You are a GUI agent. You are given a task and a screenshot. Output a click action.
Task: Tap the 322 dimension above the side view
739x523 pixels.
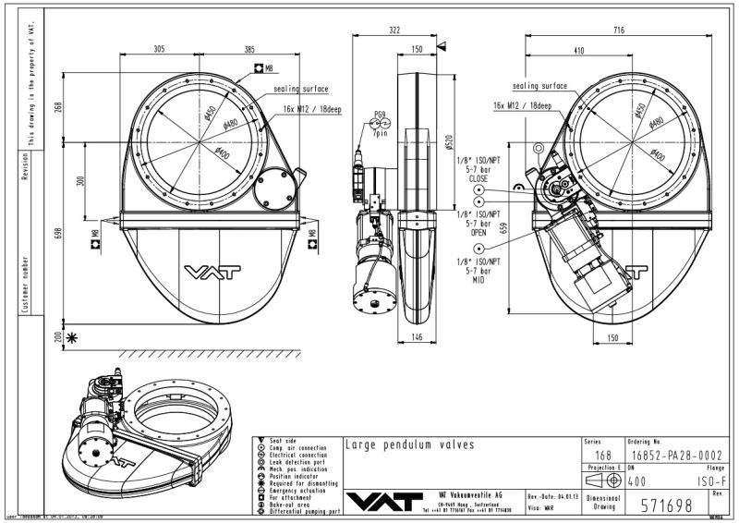394,31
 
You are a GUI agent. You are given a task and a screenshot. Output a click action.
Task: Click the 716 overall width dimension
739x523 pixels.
619,31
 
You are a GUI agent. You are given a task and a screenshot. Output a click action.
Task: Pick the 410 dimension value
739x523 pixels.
579,49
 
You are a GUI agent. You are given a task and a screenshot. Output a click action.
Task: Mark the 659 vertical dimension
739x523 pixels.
503,227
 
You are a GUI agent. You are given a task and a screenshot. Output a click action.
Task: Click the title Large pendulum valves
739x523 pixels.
409,444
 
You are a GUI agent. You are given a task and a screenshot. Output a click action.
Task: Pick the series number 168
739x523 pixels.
603,456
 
